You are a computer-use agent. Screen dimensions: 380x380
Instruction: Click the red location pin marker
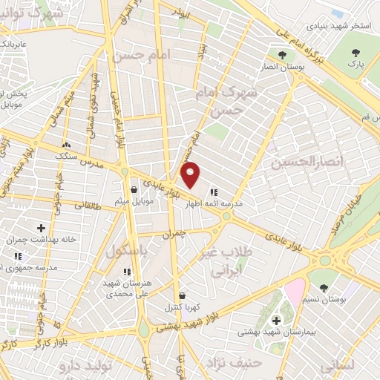pyautogui.click(x=191, y=174)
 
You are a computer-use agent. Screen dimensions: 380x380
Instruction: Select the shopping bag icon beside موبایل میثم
pyautogui.click(x=134, y=189)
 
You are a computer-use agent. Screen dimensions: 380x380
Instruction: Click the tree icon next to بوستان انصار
pyautogui.click(x=281, y=55)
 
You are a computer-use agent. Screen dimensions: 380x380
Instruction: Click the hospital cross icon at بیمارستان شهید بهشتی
pyautogui.click(x=277, y=320)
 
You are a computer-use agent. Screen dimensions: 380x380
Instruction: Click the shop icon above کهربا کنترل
pyautogui.click(x=183, y=295)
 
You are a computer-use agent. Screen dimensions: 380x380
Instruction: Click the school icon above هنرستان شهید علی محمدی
pyautogui.click(x=127, y=272)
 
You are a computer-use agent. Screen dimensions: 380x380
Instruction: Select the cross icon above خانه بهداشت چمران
pyautogui.click(x=41, y=227)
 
